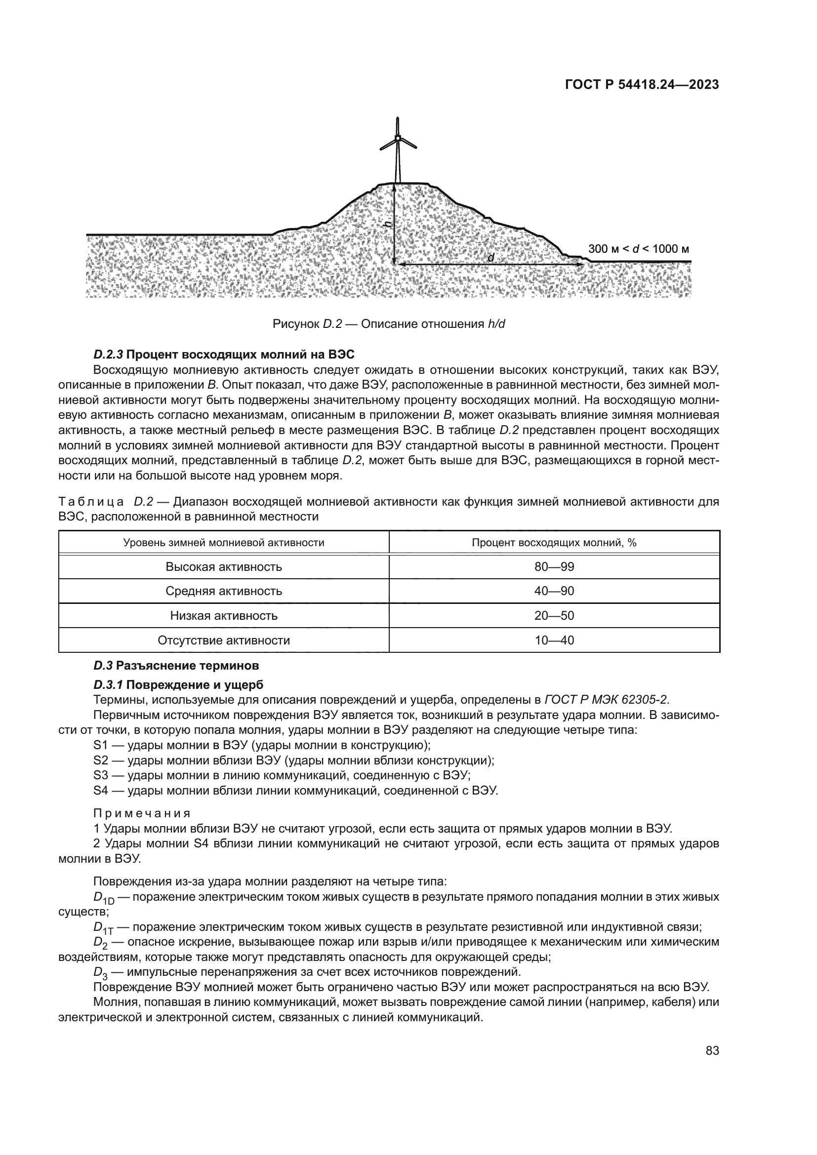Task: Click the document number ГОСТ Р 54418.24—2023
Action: tap(642, 85)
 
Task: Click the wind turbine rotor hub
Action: tap(398, 138)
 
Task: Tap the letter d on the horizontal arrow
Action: tap(491, 258)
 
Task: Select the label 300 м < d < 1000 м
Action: tap(638, 249)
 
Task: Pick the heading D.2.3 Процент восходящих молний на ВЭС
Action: tap(224, 354)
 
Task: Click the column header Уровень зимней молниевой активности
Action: tap(224, 542)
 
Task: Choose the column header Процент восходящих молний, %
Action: tap(554, 542)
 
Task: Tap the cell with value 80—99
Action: tap(554, 567)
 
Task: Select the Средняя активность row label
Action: tap(224, 591)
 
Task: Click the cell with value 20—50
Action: tap(554, 616)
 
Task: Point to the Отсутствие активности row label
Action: tap(224, 640)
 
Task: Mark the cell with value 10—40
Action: tap(554, 640)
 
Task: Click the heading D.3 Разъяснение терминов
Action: tap(176, 666)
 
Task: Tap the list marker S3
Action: tap(101, 775)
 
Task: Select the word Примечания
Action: tap(142, 813)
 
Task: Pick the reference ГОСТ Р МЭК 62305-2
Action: tap(606, 700)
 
